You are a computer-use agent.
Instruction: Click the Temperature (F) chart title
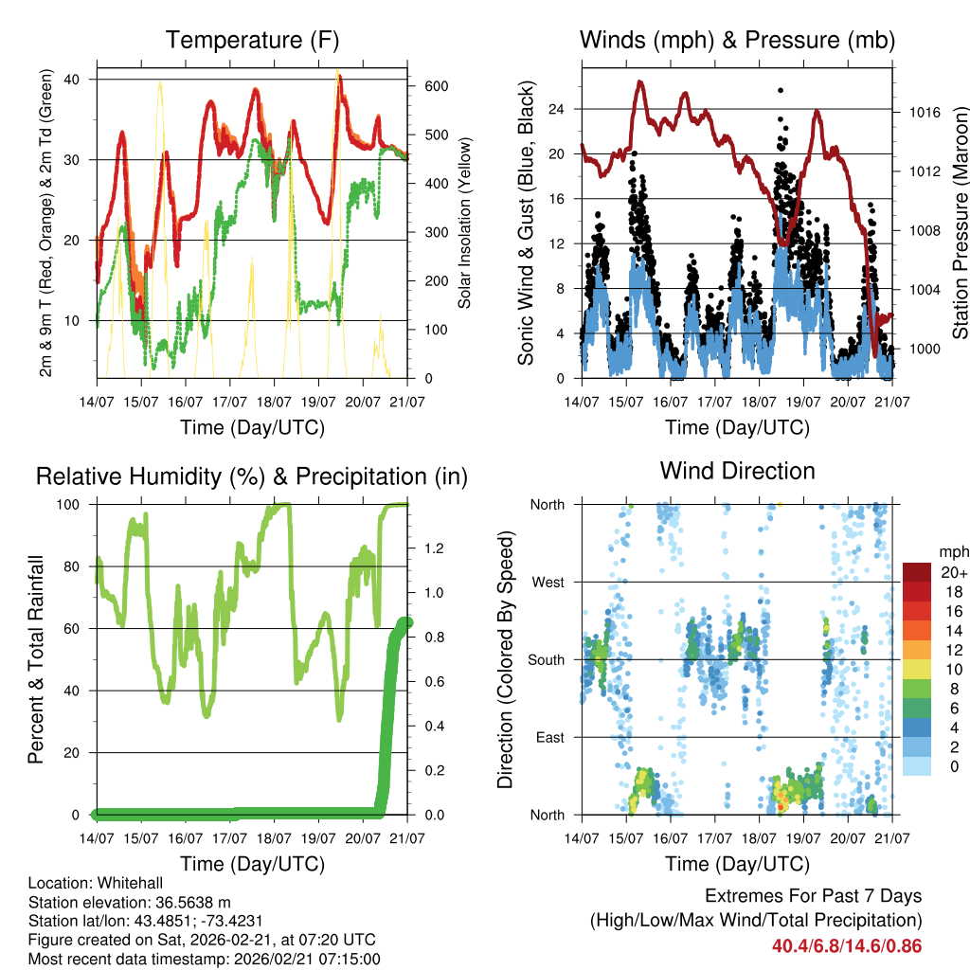click(x=252, y=40)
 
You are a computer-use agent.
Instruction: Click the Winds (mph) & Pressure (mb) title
click(x=737, y=40)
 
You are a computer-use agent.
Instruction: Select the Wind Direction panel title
click(x=737, y=471)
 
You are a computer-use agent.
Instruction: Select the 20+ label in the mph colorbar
click(x=952, y=572)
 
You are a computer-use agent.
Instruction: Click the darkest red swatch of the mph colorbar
click(x=917, y=571)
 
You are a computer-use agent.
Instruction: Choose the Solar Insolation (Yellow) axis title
click(x=465, y=224)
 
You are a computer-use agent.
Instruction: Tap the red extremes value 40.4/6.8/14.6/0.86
click(x=847, y=946)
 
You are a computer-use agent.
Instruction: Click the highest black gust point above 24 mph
click(x=781, y=90)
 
